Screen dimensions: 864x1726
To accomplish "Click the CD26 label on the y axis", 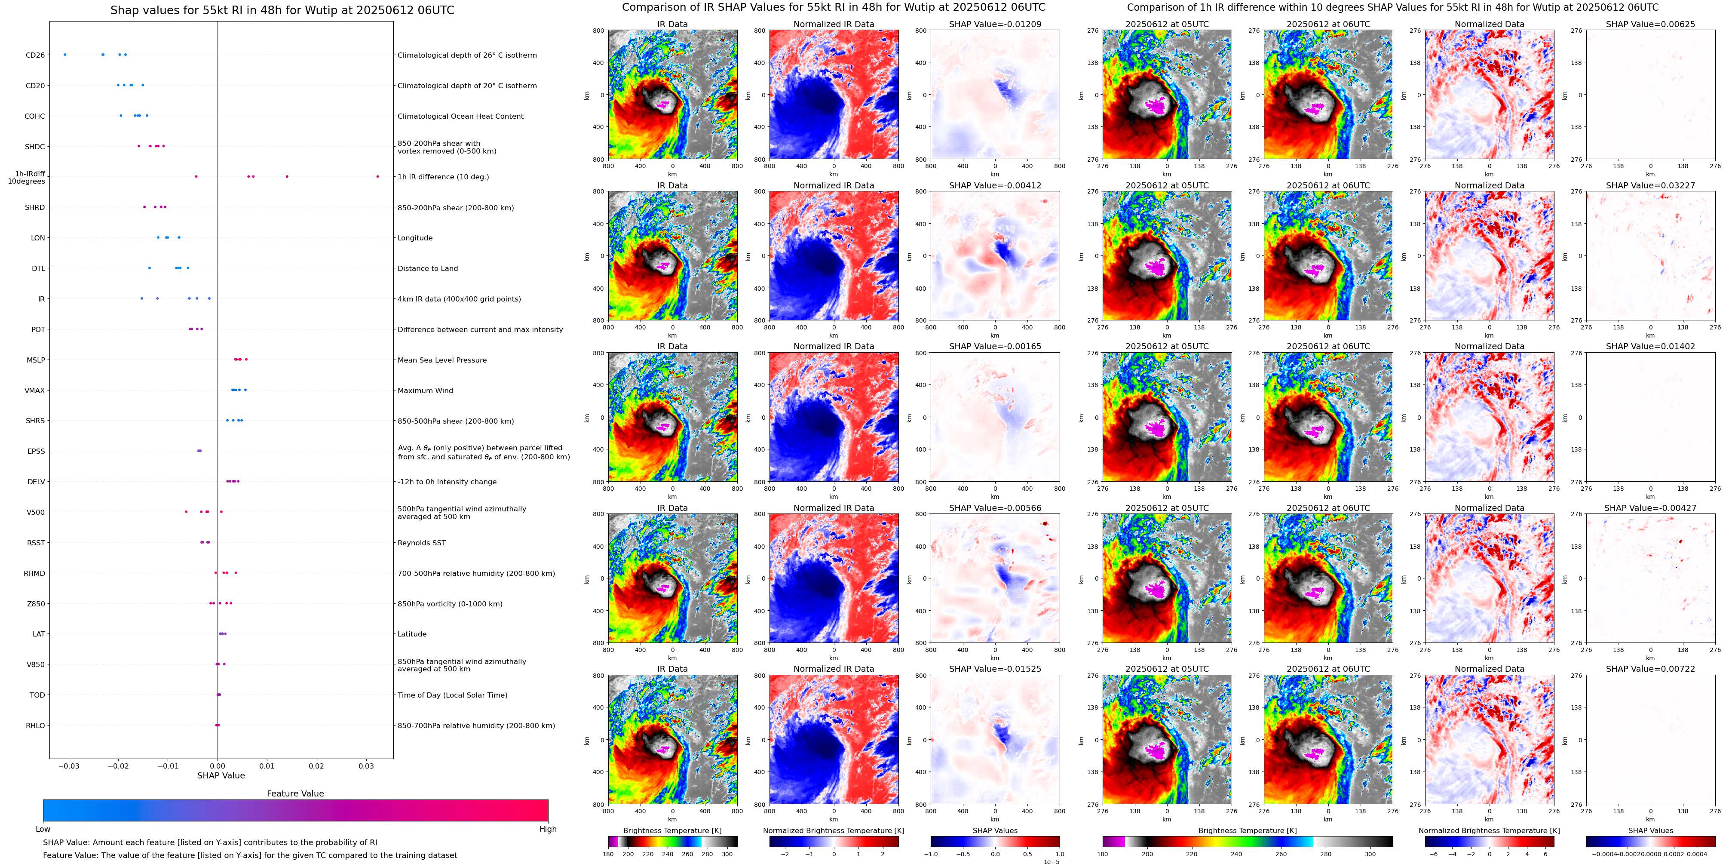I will [35, 55].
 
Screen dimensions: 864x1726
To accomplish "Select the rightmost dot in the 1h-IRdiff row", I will [377, 176].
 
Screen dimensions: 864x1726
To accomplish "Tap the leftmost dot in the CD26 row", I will [64, 54].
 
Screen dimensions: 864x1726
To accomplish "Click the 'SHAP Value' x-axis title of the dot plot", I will [221, 775].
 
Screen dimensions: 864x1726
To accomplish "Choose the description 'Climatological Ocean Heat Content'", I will [460, 116].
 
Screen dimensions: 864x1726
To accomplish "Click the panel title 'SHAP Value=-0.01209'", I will [995, 24].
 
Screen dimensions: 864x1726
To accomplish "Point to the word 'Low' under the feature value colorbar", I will [43, 829].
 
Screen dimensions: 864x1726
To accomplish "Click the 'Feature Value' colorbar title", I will [295, 793].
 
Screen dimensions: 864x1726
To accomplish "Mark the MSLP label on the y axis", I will [36, 360].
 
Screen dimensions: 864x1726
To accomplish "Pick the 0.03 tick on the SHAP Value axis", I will [366, 766].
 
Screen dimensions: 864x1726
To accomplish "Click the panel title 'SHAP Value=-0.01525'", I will [995, 669].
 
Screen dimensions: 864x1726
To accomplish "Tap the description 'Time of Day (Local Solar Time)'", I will [452, 695].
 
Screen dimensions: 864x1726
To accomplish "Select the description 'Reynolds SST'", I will [421, 543].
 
